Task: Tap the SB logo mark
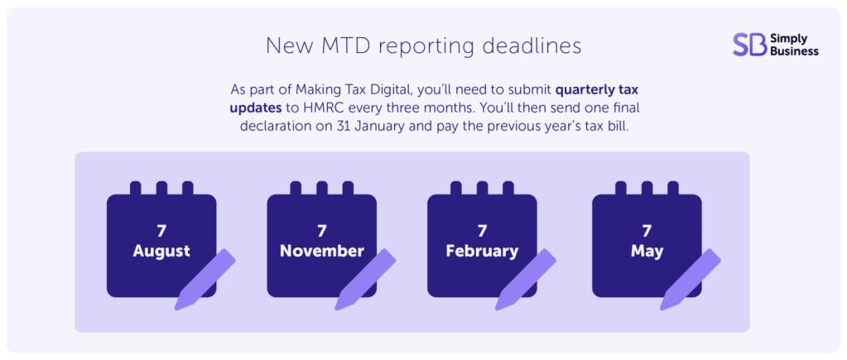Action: (x=749, y=45)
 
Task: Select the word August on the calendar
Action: (x=161, y=251)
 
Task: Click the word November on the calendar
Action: (x=321, y=251)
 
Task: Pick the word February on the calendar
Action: (x=481, y=251)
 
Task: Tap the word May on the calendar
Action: (x=647, y=251)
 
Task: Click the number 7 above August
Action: (x=161, y=230)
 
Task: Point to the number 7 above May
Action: (x=647, y=230)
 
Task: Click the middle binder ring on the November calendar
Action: (x=321, y=189)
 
